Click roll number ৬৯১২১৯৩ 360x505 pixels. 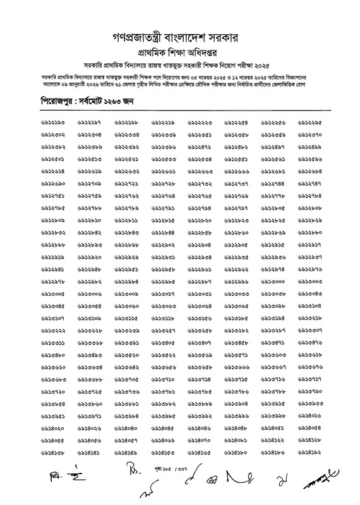pos(53,121)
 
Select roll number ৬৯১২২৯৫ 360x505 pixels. pos(309,121)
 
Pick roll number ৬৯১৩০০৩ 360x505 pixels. pos(309,281)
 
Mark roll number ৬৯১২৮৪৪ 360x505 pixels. pos(163,232)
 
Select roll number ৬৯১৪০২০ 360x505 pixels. pos(53,429)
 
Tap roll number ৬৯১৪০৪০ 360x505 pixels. pos(126,429)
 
